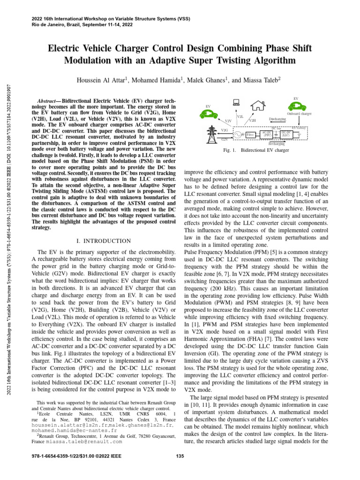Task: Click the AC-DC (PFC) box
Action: coord(267,134)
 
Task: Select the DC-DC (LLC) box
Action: coord(286,134)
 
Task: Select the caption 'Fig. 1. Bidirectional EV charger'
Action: coord(255,151)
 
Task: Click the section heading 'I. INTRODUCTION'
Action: coord(103,241)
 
